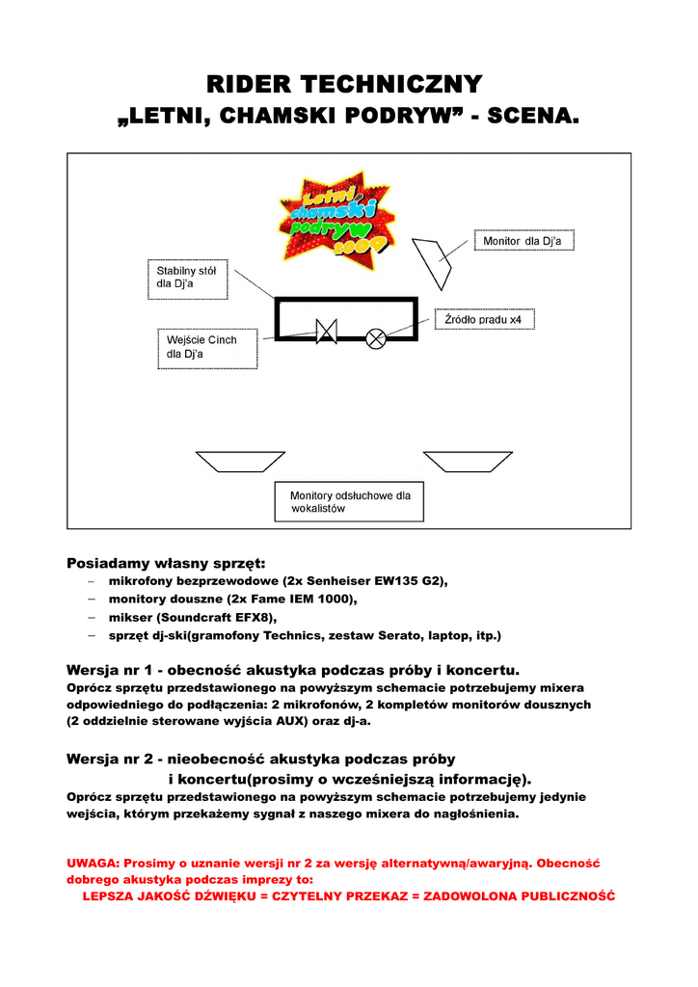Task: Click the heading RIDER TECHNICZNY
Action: click(x=348, y=84)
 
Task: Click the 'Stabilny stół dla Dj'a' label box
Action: click(x=187, y=278)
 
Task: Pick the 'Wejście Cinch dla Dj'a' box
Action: click(x=208, y=348)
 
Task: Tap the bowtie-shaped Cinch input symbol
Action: click(x=326, y=333)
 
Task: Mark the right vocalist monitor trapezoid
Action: click(x=469, y=461)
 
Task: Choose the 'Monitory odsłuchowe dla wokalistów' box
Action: click(x=350, y=502)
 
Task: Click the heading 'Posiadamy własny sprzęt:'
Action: click(x=165, y=563)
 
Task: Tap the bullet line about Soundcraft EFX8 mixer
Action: click(x=193, y=617)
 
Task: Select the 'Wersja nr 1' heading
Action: click(x=293, y=669)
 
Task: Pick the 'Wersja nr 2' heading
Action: click(x=260, y=759)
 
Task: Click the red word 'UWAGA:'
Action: click(x=93, y=863)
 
